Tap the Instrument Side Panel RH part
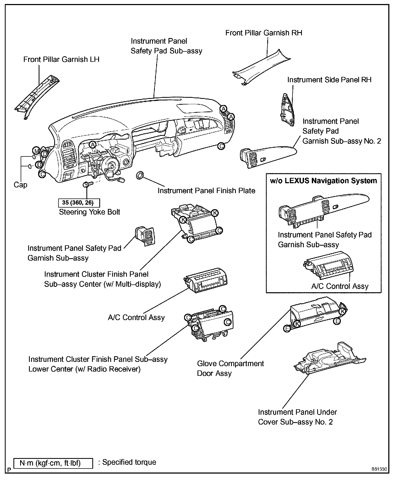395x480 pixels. pyautogui.click(x=287, y=110)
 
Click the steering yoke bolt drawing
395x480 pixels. pyautogui.click(x=88, y=185)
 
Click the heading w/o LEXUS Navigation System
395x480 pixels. pyautogui.click(x=323, y=181)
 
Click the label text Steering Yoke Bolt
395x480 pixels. pyautogui.click(x=89, y=212)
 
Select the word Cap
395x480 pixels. pyautogui.click(x=20, y=185)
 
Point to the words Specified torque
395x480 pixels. pyautogui.click(x=129, y=462)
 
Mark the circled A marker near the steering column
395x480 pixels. pyautogui.click(x=93, y=145)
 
